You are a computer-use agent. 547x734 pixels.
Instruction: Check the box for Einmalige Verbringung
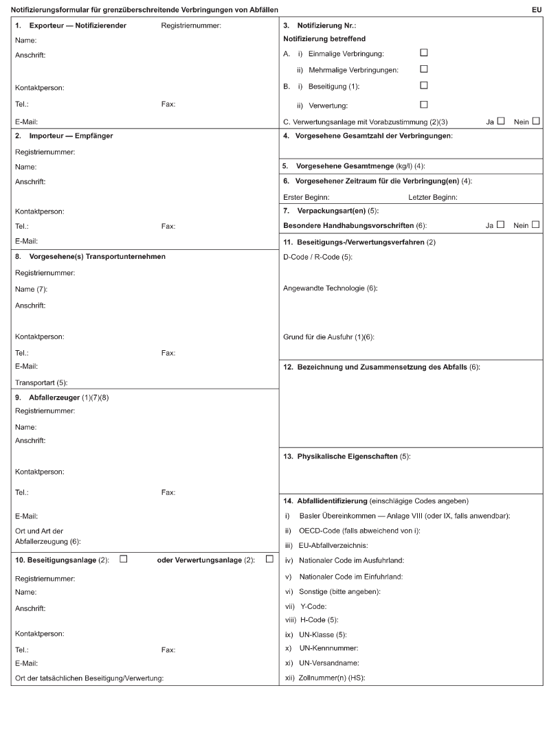[x=423, y=52]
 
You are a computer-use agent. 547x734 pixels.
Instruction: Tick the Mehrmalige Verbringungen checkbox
[x=423, y=69]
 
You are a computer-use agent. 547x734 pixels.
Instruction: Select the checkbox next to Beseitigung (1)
[x=423, y=85]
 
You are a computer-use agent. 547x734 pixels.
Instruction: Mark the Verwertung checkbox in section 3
[x=423, y=104]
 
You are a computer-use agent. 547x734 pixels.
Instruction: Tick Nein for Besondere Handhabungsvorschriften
[x=535, y=224]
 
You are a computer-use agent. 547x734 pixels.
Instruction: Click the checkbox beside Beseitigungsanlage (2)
[x=124, y=558]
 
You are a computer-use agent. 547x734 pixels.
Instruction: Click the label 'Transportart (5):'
[x=41, y=382]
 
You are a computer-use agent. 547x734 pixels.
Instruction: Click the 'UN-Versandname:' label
[x=329, y=663]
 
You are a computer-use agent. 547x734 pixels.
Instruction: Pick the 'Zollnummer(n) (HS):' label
[x=333, y=678]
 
